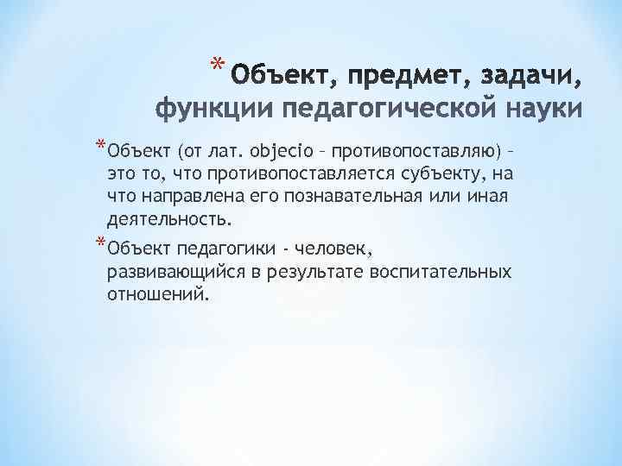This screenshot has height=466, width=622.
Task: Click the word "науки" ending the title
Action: (x=541, y=110)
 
